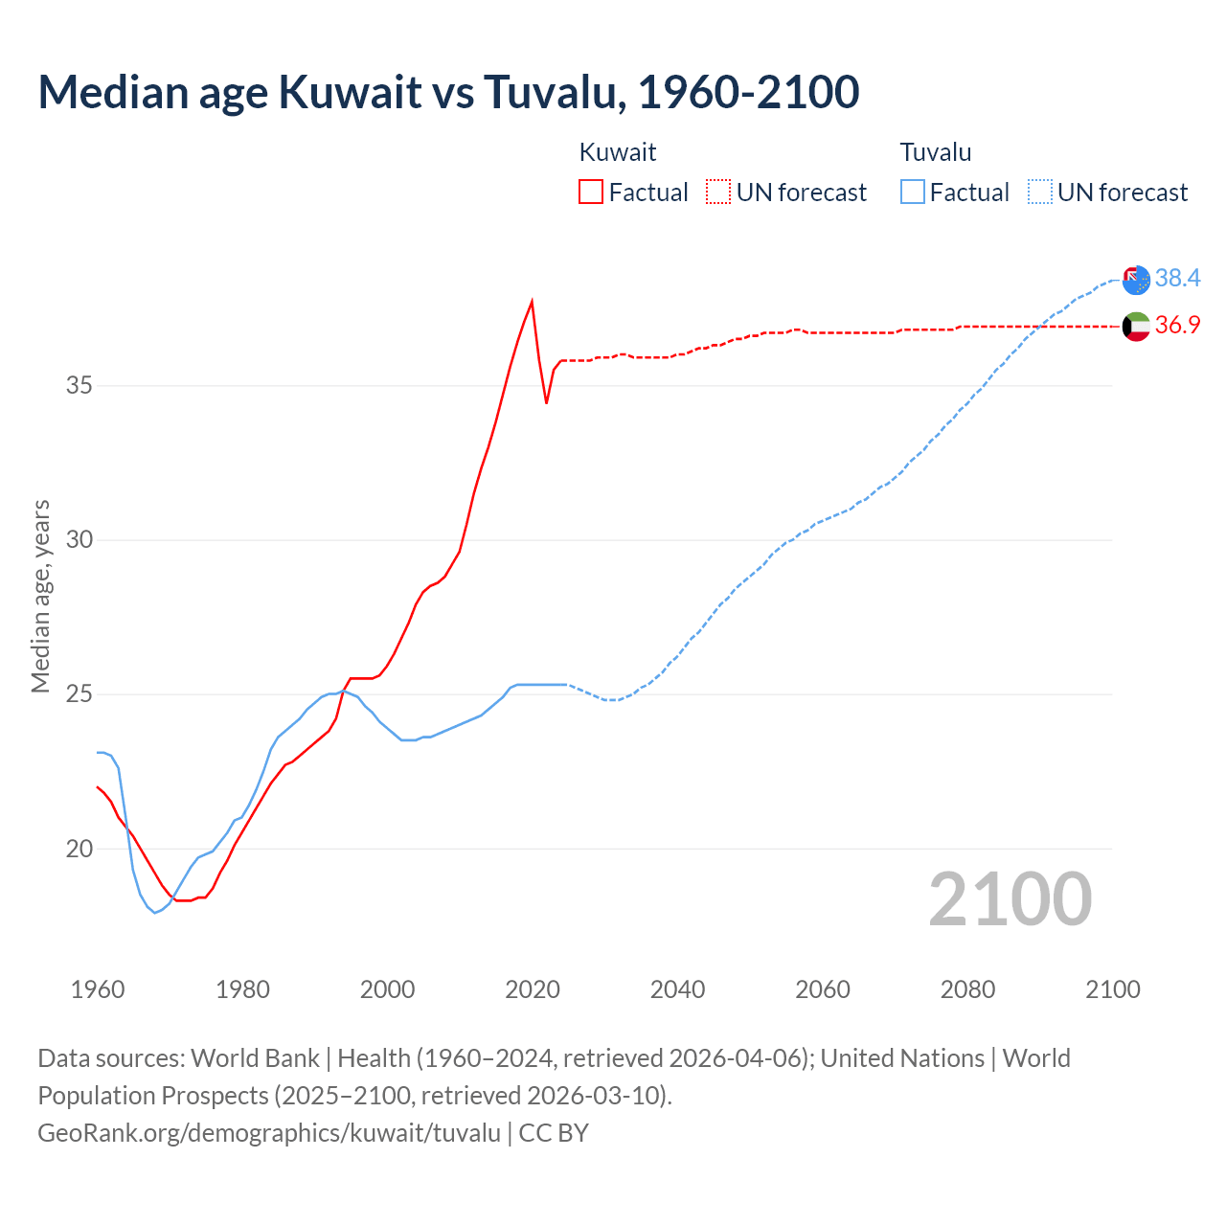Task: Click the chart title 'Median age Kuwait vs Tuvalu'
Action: pos(448,93)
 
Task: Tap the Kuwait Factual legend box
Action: pos(591,192)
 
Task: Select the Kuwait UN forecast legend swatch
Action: pos(718,192)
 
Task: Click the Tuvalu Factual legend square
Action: pos(913,192)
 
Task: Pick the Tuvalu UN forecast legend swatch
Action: pos(1039,192)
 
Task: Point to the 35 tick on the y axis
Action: pos(79,386)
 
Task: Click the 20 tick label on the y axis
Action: pos(79,849)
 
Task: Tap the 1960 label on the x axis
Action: pos(98,989)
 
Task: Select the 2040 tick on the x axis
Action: pos(677,989)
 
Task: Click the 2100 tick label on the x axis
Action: pos(1112,989)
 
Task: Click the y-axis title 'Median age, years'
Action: pos(40,596)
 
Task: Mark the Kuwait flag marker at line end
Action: pos(1136,327)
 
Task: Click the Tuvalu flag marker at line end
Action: pos(1136,280)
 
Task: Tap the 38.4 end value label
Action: pos(1177,278)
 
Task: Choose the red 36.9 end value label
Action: pos(1177,326)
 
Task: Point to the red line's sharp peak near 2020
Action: pos(532,301)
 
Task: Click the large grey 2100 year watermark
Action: pos(1010,898)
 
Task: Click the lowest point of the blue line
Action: pos(155,913)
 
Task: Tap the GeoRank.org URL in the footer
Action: pos(269,1133)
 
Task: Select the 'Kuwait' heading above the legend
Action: pos(618,152)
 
